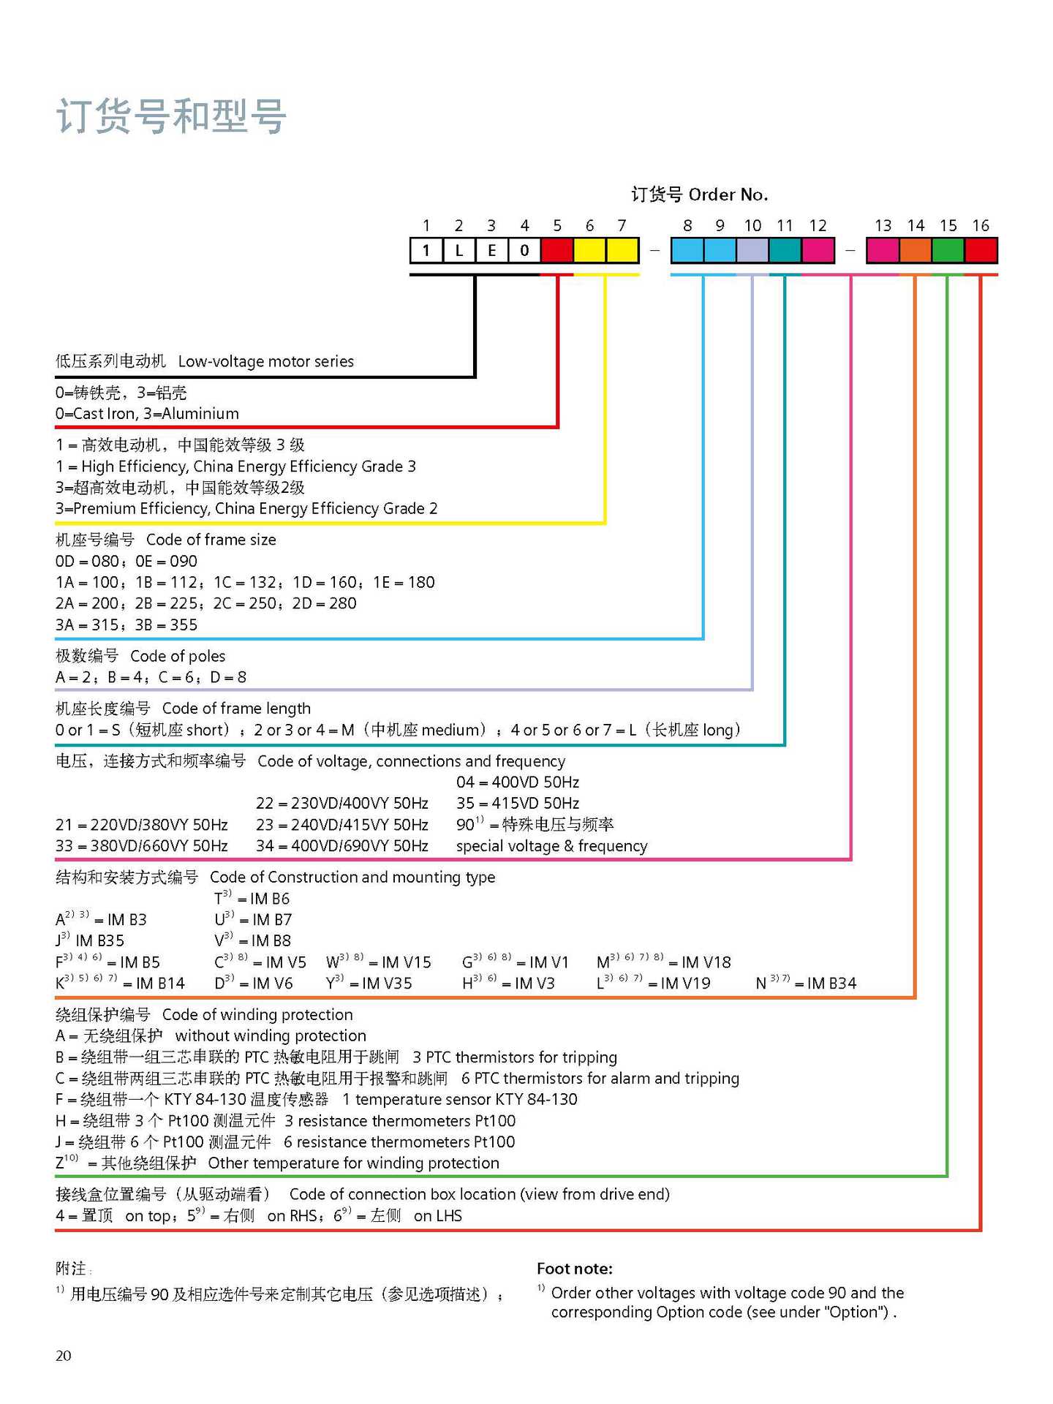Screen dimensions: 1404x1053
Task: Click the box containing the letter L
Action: pos(458,251)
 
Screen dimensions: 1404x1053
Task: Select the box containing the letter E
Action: pos(491,251)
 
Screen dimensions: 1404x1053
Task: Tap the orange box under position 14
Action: pos(915,251)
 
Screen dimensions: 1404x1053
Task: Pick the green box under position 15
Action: pos(948,251)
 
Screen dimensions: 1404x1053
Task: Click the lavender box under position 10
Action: pos(752,251)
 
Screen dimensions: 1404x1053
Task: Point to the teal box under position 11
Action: pos(785,251)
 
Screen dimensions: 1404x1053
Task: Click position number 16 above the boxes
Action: pos(981,226)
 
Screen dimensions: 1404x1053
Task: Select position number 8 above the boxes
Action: pos(687,226)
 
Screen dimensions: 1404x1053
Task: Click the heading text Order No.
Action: pos(728,195)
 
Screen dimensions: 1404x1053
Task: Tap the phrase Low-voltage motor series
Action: pos(265,361)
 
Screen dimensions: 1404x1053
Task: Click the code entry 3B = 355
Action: pos(166,625)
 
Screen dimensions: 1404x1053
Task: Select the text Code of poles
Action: pos(178,656)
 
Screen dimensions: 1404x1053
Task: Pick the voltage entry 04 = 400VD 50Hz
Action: pos(518,782)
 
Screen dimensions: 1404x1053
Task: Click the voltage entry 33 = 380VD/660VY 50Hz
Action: pos(141,846)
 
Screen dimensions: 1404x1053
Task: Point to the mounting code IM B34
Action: pos(831,984)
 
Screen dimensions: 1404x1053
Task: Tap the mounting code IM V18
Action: pos(706,962)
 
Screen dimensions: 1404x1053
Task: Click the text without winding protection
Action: pos(271,1036)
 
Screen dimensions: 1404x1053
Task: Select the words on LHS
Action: pos(438,1216)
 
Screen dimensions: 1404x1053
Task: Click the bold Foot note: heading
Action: pos(575,1269)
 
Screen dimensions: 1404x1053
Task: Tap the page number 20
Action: pos(64,1356)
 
